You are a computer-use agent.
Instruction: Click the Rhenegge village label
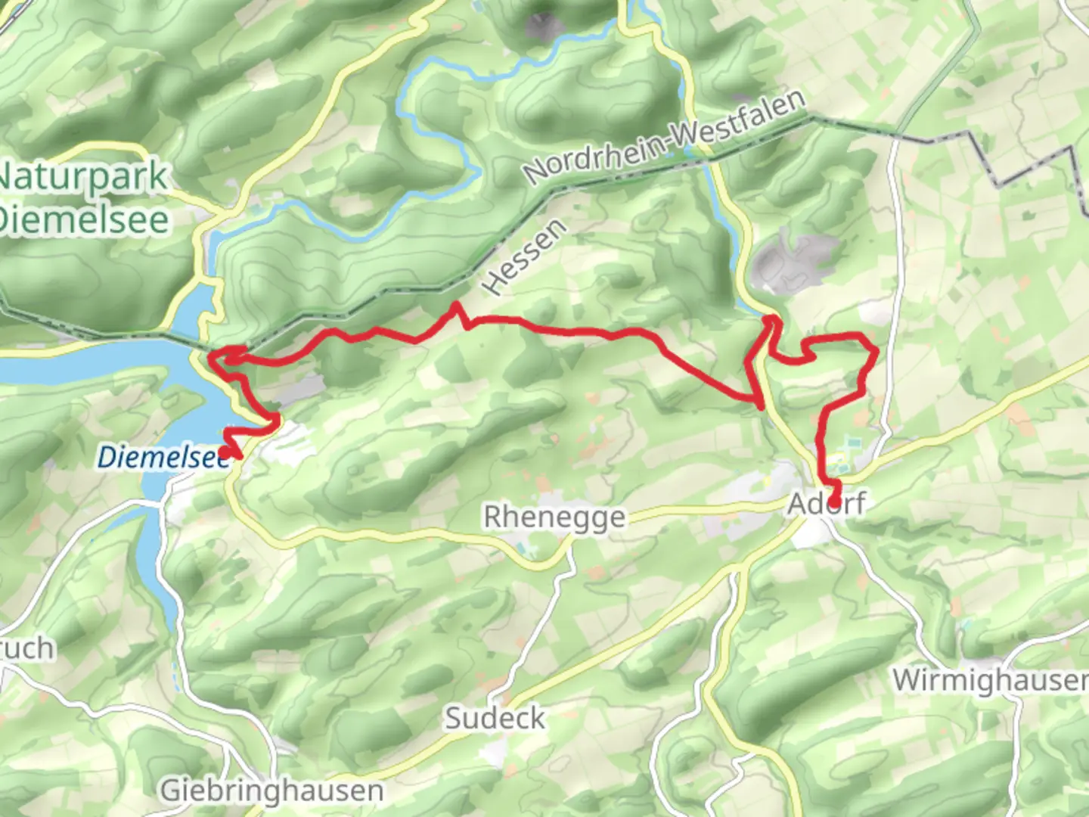(554, 517)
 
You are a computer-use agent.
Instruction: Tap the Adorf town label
(827, 503)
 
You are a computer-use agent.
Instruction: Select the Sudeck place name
(495, 718)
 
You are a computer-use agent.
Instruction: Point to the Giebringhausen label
(271, 791)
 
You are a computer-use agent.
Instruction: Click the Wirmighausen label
(989, 680)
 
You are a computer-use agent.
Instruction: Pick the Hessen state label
(524, 257)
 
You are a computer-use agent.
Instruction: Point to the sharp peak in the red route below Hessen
(456, 306)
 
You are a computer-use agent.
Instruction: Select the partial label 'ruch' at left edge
(27, 649)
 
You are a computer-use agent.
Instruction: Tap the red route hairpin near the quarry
(773, 321)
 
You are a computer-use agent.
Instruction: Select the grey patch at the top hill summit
(544, 26)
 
